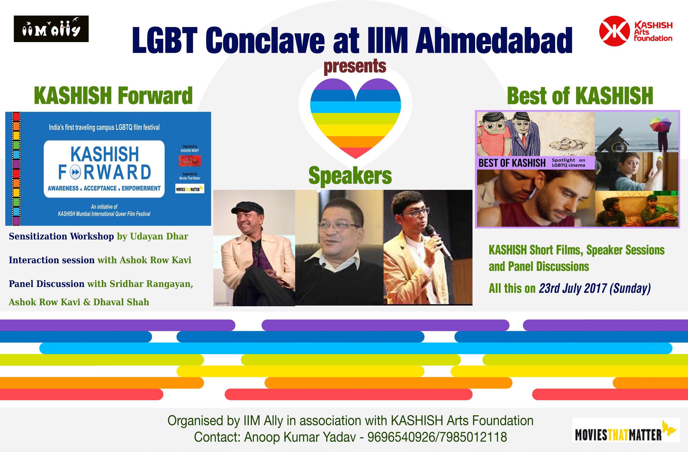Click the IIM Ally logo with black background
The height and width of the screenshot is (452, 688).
(51, 29)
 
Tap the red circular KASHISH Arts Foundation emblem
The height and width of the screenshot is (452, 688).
(614, 31)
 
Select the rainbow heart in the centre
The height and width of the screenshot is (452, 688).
(355, 118)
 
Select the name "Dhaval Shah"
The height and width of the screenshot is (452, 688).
(121, 302)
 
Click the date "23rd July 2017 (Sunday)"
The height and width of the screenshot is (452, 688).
(595, 288)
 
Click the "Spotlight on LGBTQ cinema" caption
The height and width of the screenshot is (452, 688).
(568, 163)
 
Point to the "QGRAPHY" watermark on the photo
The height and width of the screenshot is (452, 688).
(222, 303)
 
